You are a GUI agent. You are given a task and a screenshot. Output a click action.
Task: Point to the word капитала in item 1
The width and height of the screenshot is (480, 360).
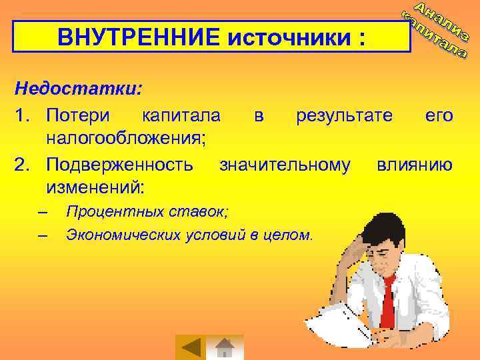pos(181,115)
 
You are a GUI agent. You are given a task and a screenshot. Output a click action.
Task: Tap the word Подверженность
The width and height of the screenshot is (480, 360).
pos(120,163)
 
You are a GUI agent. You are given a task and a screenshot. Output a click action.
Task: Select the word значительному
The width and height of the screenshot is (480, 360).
pos(285,163)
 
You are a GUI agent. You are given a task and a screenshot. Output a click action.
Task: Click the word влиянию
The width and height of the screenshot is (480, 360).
pos(415,163)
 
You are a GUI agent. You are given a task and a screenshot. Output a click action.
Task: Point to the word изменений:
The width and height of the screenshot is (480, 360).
pos(95,186)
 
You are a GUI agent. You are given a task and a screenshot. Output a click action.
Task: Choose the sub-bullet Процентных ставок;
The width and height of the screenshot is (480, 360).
pos(146,212)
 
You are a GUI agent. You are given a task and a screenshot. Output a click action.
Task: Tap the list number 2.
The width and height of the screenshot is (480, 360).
pos(21,163)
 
